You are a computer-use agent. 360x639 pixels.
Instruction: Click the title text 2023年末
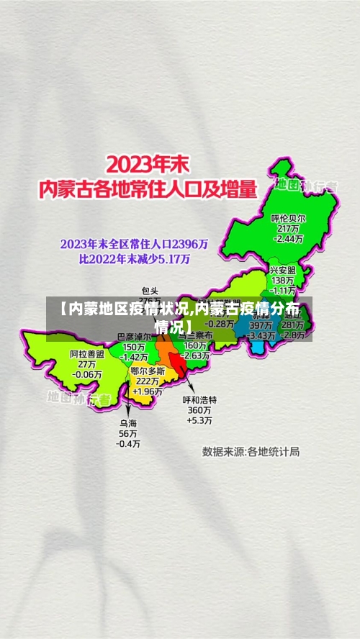148,163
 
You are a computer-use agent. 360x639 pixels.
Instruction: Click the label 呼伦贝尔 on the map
288,218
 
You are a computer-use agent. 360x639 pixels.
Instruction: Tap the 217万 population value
288,228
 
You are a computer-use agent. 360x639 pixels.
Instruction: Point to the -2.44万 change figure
288,238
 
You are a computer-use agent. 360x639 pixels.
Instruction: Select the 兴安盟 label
282,269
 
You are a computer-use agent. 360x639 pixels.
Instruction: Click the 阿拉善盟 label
87,354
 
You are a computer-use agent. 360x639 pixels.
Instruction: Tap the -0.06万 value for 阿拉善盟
87,374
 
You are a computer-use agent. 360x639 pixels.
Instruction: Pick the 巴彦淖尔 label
135,337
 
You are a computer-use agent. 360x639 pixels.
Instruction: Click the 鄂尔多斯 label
148,371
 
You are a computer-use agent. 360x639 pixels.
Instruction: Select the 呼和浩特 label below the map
199,399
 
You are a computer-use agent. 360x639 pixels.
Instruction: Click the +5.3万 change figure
199,420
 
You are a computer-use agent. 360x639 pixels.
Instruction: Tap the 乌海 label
129,424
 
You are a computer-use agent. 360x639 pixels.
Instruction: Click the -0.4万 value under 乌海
129,444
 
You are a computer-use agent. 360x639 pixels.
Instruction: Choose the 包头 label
150,291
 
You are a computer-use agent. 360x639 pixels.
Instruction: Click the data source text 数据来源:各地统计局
251,452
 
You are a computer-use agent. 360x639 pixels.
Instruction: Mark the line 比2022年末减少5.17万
135,258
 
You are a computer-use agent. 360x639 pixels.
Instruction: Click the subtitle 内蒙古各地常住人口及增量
148,190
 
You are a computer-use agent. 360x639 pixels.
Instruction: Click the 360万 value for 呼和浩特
199,409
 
